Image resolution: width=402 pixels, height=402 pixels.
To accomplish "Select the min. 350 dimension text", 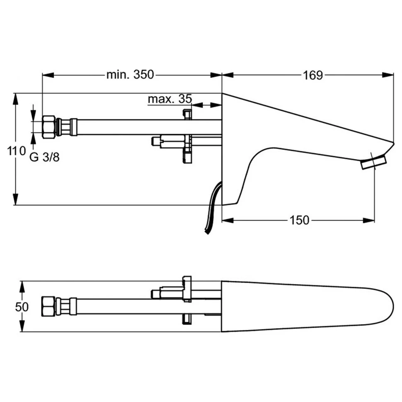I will (x=130, y=75).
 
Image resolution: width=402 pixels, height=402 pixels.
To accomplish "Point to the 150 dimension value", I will (x=299, y=220).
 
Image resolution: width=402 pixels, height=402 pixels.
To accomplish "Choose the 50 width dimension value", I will (x=21, y=307).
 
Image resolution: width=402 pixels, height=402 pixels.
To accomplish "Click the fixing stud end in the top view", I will (x=155, y=293).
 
